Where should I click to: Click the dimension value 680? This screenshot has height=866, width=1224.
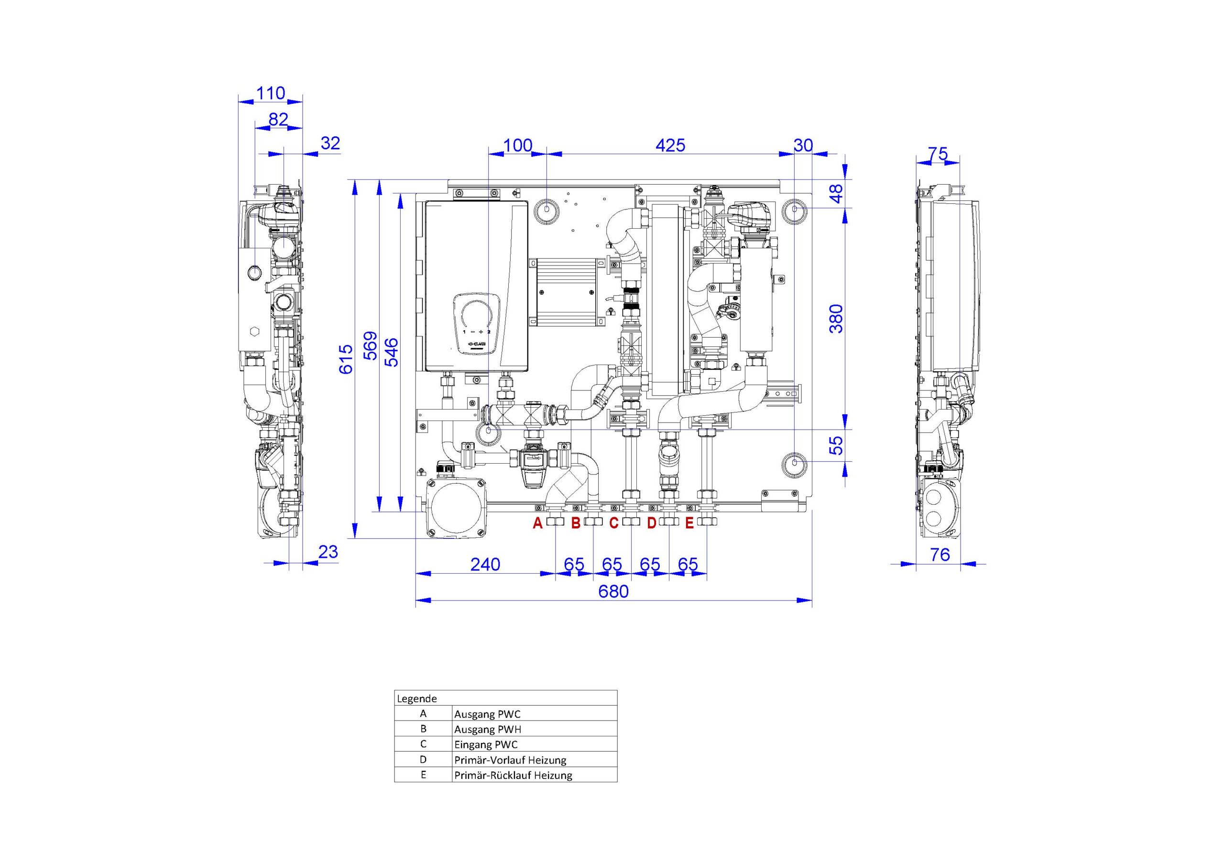pyautogui.click(x=613, y=592)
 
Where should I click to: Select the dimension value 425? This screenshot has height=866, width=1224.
pyautogui.click(x=670, y=145)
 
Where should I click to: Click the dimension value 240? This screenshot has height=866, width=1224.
pyautogui.click(x=485, y=564)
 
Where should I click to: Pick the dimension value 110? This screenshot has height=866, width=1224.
pyautogui.click(x=271, y=93)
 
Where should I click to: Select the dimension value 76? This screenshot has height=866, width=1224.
pyautogui.click(x=940, y=555)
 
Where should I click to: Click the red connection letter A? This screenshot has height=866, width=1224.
pyautogui.click(x=537, y=523)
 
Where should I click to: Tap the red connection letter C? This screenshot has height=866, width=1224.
pyautogui.click(x=613, y=523)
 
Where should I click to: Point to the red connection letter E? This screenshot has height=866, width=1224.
pyautogui.click(x=689, y=523)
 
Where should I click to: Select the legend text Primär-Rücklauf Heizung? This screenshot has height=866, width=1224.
pyautogui.click(x=514, y=775)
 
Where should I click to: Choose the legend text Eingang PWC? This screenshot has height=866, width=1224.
pyautogui.click(x=486, y=745)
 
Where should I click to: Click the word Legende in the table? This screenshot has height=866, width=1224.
pyautogui.click(x=417, y=699)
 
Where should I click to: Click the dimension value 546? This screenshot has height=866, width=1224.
pyautogui.click(x=392, y=352)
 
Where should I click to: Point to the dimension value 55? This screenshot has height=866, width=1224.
pyautogui.click(x=838, y=445)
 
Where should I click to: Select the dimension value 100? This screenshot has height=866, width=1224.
pyautogui.click(x=518, y=145)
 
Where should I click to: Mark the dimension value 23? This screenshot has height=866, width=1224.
pyautogui.click(x=328, y=552)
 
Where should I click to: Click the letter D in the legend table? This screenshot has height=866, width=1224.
pyautogui.click(x=423, y=759)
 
